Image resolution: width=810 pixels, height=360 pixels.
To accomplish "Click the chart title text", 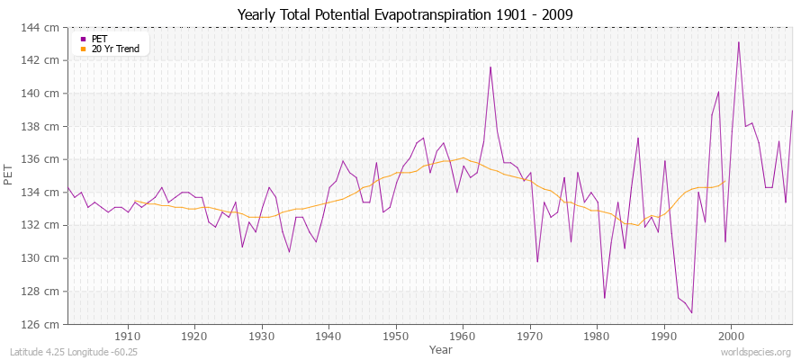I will coord(405,15).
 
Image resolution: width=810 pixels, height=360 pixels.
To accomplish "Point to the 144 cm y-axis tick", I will coord(46,27).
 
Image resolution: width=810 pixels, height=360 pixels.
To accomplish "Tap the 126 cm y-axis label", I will coord(46,324).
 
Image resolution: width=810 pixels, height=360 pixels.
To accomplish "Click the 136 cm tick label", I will coord(46,159).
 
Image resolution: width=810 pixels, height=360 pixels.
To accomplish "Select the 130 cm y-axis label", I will coord(46,258).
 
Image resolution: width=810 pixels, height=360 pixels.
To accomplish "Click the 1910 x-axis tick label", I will coord(128,335).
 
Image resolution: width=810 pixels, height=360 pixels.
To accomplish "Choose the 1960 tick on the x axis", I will coord(463,335).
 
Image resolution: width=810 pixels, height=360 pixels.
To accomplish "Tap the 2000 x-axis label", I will coord(732,335).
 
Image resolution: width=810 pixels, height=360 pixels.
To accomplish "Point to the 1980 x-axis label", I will coord(598,335).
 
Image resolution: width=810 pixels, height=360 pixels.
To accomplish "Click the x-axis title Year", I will coord(441,348).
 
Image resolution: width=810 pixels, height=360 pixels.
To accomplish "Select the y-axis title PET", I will coord(9,175).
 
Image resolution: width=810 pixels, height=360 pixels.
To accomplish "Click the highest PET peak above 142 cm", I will coord(739,42).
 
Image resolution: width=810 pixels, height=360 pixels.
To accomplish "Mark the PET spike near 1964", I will coord(490,67).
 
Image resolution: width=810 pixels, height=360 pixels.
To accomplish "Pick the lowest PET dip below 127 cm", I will coord(691,312).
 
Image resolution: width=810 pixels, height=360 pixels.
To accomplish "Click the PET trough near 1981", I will coord(604,298).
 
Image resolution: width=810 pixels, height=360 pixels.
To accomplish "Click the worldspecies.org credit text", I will coord(756,352).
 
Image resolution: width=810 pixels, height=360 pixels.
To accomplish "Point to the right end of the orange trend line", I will coord(725,181).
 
